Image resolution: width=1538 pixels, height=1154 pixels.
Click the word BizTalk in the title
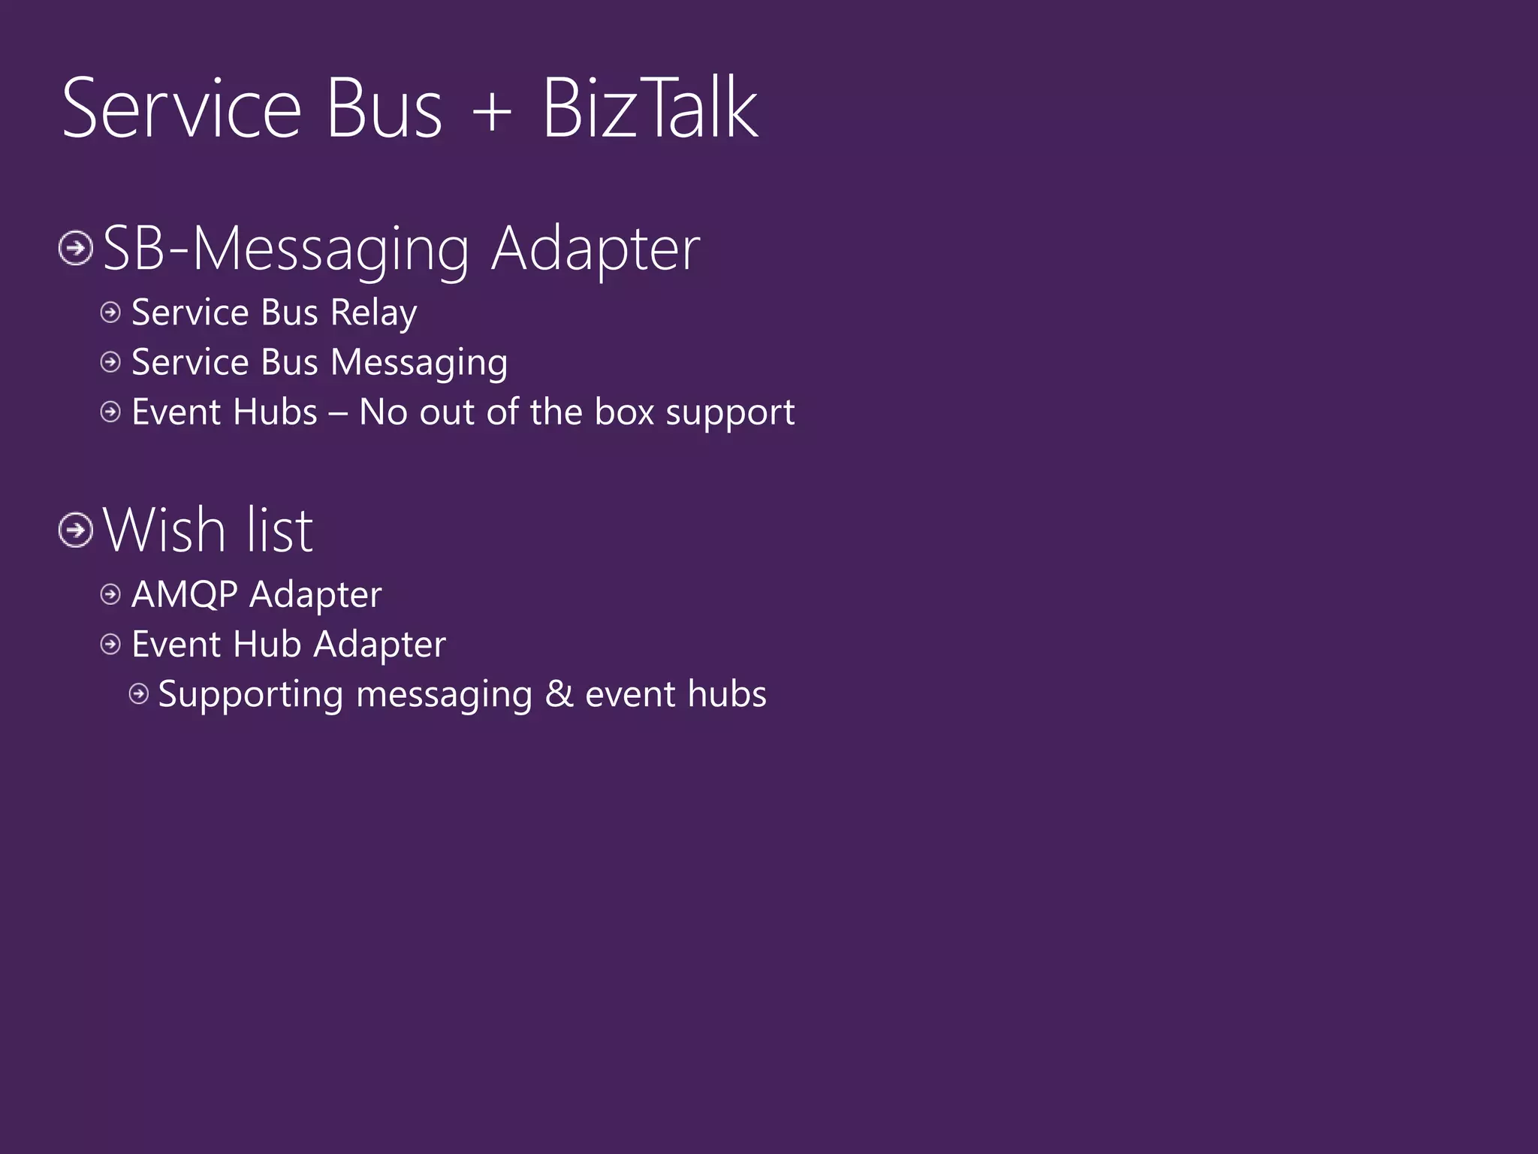tap(650, 110)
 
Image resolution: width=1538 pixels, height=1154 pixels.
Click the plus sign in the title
tap(492, 113)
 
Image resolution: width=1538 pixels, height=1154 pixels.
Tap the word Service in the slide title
tap(181, 110)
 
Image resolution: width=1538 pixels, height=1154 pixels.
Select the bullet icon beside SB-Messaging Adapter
tap(76, 248)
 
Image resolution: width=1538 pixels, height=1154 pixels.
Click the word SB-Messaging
tap(285, 249)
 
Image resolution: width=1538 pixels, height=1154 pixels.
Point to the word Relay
tap(373, 313)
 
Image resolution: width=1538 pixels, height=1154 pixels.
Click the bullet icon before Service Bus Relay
tap(110, 313)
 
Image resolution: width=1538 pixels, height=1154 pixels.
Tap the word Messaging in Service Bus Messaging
tap(419, 364)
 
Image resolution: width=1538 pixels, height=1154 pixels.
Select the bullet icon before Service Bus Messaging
tap(110, 362)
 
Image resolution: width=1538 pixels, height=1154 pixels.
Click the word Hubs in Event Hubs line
tap(276, 412)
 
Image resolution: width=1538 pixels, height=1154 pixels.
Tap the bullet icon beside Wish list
tap(76, 530)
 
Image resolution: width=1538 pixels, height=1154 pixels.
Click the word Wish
tap(164, 530)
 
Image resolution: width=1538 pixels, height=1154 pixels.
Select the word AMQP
tap(185, 594)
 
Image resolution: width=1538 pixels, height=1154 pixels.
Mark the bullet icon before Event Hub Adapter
tap(110, 644)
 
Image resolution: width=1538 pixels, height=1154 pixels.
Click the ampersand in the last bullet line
tap(559, 694)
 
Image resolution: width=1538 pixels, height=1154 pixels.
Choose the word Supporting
tap(250, 695)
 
